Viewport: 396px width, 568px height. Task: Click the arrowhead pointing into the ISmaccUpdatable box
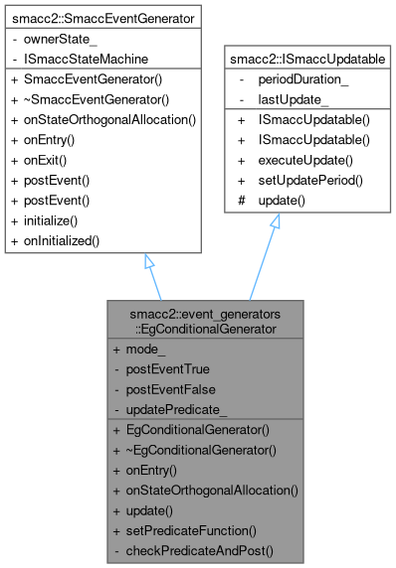(x=276, y=222)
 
